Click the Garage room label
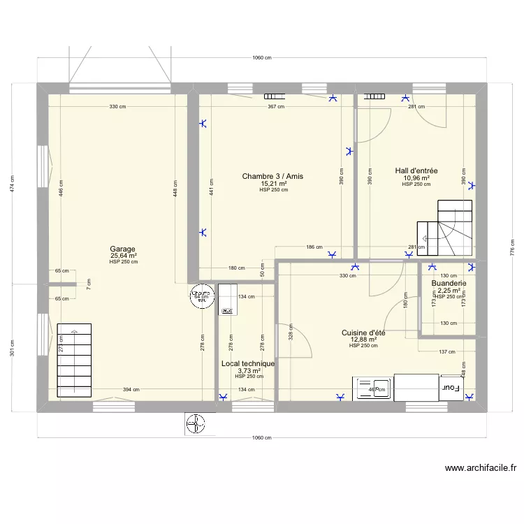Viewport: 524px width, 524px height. coord(124,249)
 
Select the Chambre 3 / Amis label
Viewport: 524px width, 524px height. coord(272,176)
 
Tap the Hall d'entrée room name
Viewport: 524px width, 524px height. coord(416,170)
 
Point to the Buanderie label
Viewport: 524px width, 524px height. coord(449,284)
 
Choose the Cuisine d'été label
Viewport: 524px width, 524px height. coord(363,333)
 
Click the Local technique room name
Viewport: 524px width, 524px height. coord(248,363)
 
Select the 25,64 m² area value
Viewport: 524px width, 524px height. coord(124,256)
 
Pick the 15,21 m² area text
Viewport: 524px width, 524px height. coord(272,183)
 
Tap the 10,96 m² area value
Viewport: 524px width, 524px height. coord(416,177)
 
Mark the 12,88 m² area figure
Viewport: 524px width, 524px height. coord(363,340)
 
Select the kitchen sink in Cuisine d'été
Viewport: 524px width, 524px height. coord(373,389)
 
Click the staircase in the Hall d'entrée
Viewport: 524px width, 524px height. coord(444,228)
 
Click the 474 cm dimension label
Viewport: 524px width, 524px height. coord(12,184)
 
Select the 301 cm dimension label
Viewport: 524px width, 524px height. coord(12,347)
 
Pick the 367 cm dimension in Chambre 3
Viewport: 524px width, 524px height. coord(276,107)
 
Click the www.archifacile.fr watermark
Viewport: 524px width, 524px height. coord(480,469)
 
